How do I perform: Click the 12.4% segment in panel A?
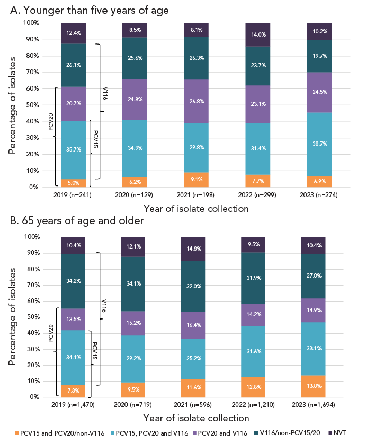tap(74, 33)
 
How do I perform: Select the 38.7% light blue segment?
tap(320, 144)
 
